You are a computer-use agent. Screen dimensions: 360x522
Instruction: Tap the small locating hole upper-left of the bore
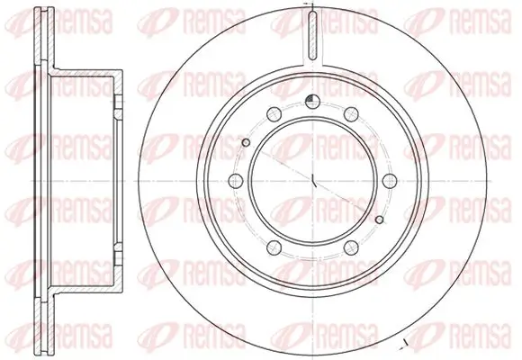[x=247, y=143]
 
